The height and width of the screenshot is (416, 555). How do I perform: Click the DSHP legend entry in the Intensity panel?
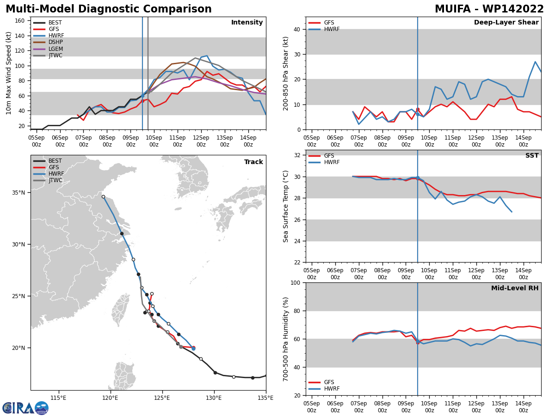click(x=48, y=42)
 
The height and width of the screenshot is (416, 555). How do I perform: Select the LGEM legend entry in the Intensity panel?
click(x=48, y=49)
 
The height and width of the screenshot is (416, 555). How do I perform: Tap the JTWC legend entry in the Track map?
click(x=48, y=180)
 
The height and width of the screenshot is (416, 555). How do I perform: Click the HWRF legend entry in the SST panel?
click(x=324, y=162)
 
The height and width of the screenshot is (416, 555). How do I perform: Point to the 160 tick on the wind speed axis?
click(x=19, y=21)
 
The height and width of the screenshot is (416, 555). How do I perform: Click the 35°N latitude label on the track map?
click(x=18, y=193)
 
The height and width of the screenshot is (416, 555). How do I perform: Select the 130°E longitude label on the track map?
click(x=214, y=398)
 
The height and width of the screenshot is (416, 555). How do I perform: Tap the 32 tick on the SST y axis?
click(x=297, y=155)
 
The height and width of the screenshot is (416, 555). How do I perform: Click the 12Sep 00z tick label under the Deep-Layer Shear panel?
click(x=476, y=141)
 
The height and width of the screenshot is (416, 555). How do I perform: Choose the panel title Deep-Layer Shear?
click(x=506, y=22)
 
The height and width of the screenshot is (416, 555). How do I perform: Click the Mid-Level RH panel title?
click(x=515, y=288)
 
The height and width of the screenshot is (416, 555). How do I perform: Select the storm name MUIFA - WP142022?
click(x=489, y=9)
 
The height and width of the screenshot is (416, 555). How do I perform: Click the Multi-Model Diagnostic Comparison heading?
click(x=109, y=9)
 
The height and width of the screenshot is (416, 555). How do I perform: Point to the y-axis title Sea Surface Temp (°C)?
click(x=285, y=206)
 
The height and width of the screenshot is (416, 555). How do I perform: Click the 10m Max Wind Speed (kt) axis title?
click(x=8, y=73)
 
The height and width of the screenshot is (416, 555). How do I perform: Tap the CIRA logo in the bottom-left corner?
click(x=25, y=408)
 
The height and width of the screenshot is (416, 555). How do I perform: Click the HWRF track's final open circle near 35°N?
click(x=103, y=197)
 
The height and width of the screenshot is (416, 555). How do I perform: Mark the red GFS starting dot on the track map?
click(x=193, y=348)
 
